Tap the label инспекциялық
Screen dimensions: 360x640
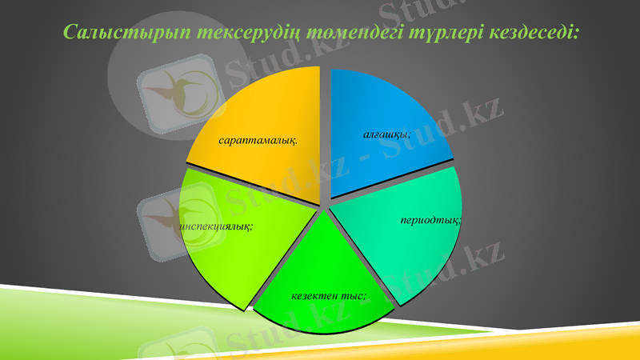218,226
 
